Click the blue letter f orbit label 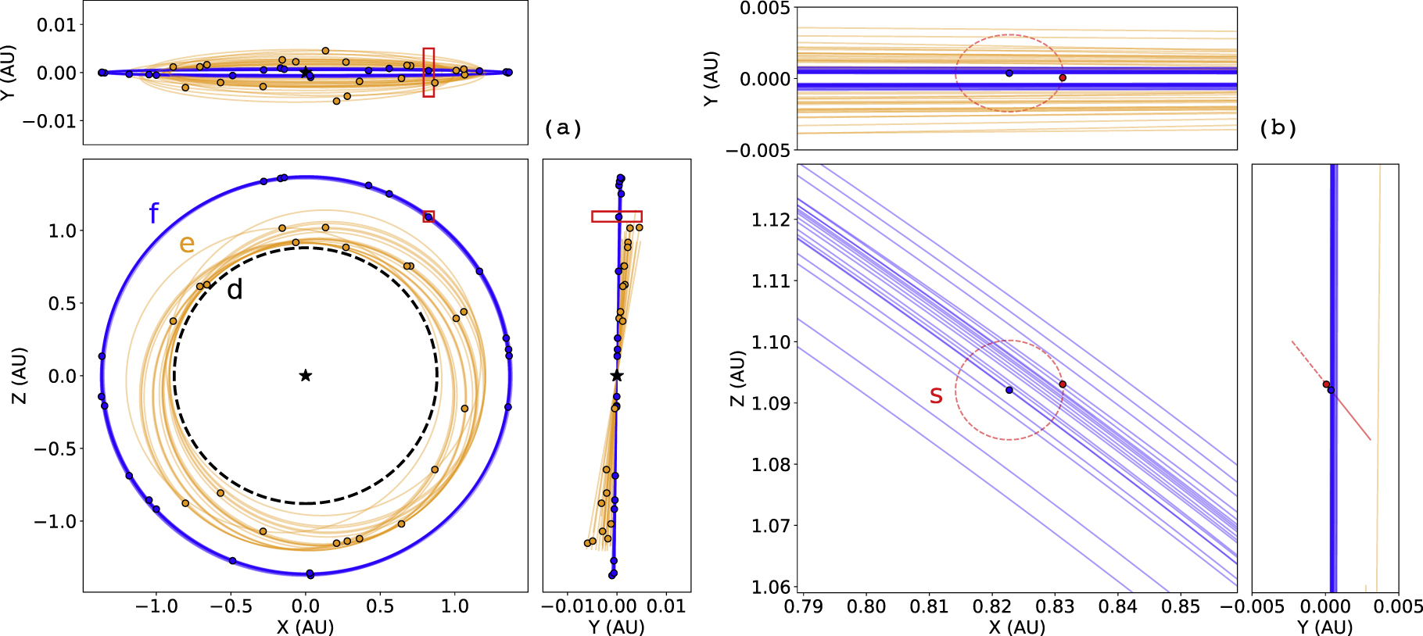(x=154, y=213)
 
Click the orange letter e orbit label (x=186, y=244)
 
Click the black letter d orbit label (x=235, y=290)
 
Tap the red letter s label (x=936, y=395)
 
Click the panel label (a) (x=563, y=128)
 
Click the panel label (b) (x=1278, y=128)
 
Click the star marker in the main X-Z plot (x=306, y=376)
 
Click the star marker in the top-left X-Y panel (x=306, y=73)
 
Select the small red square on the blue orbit (x=428, y=216)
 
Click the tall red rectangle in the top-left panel (x=428, y=73)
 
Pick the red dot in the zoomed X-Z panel (x=1063, y=384)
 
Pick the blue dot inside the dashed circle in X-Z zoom (x=1009, y=390)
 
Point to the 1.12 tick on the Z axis (x=770, y=220)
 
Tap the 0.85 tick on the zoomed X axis (x=1181, y=606)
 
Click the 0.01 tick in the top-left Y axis (x=56, y=25)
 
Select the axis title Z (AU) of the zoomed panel (x=737, y=377)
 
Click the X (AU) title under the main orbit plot (x=305, y=627)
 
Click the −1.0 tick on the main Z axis (x=55, y=521)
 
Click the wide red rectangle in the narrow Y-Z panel (x=617, y=216)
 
